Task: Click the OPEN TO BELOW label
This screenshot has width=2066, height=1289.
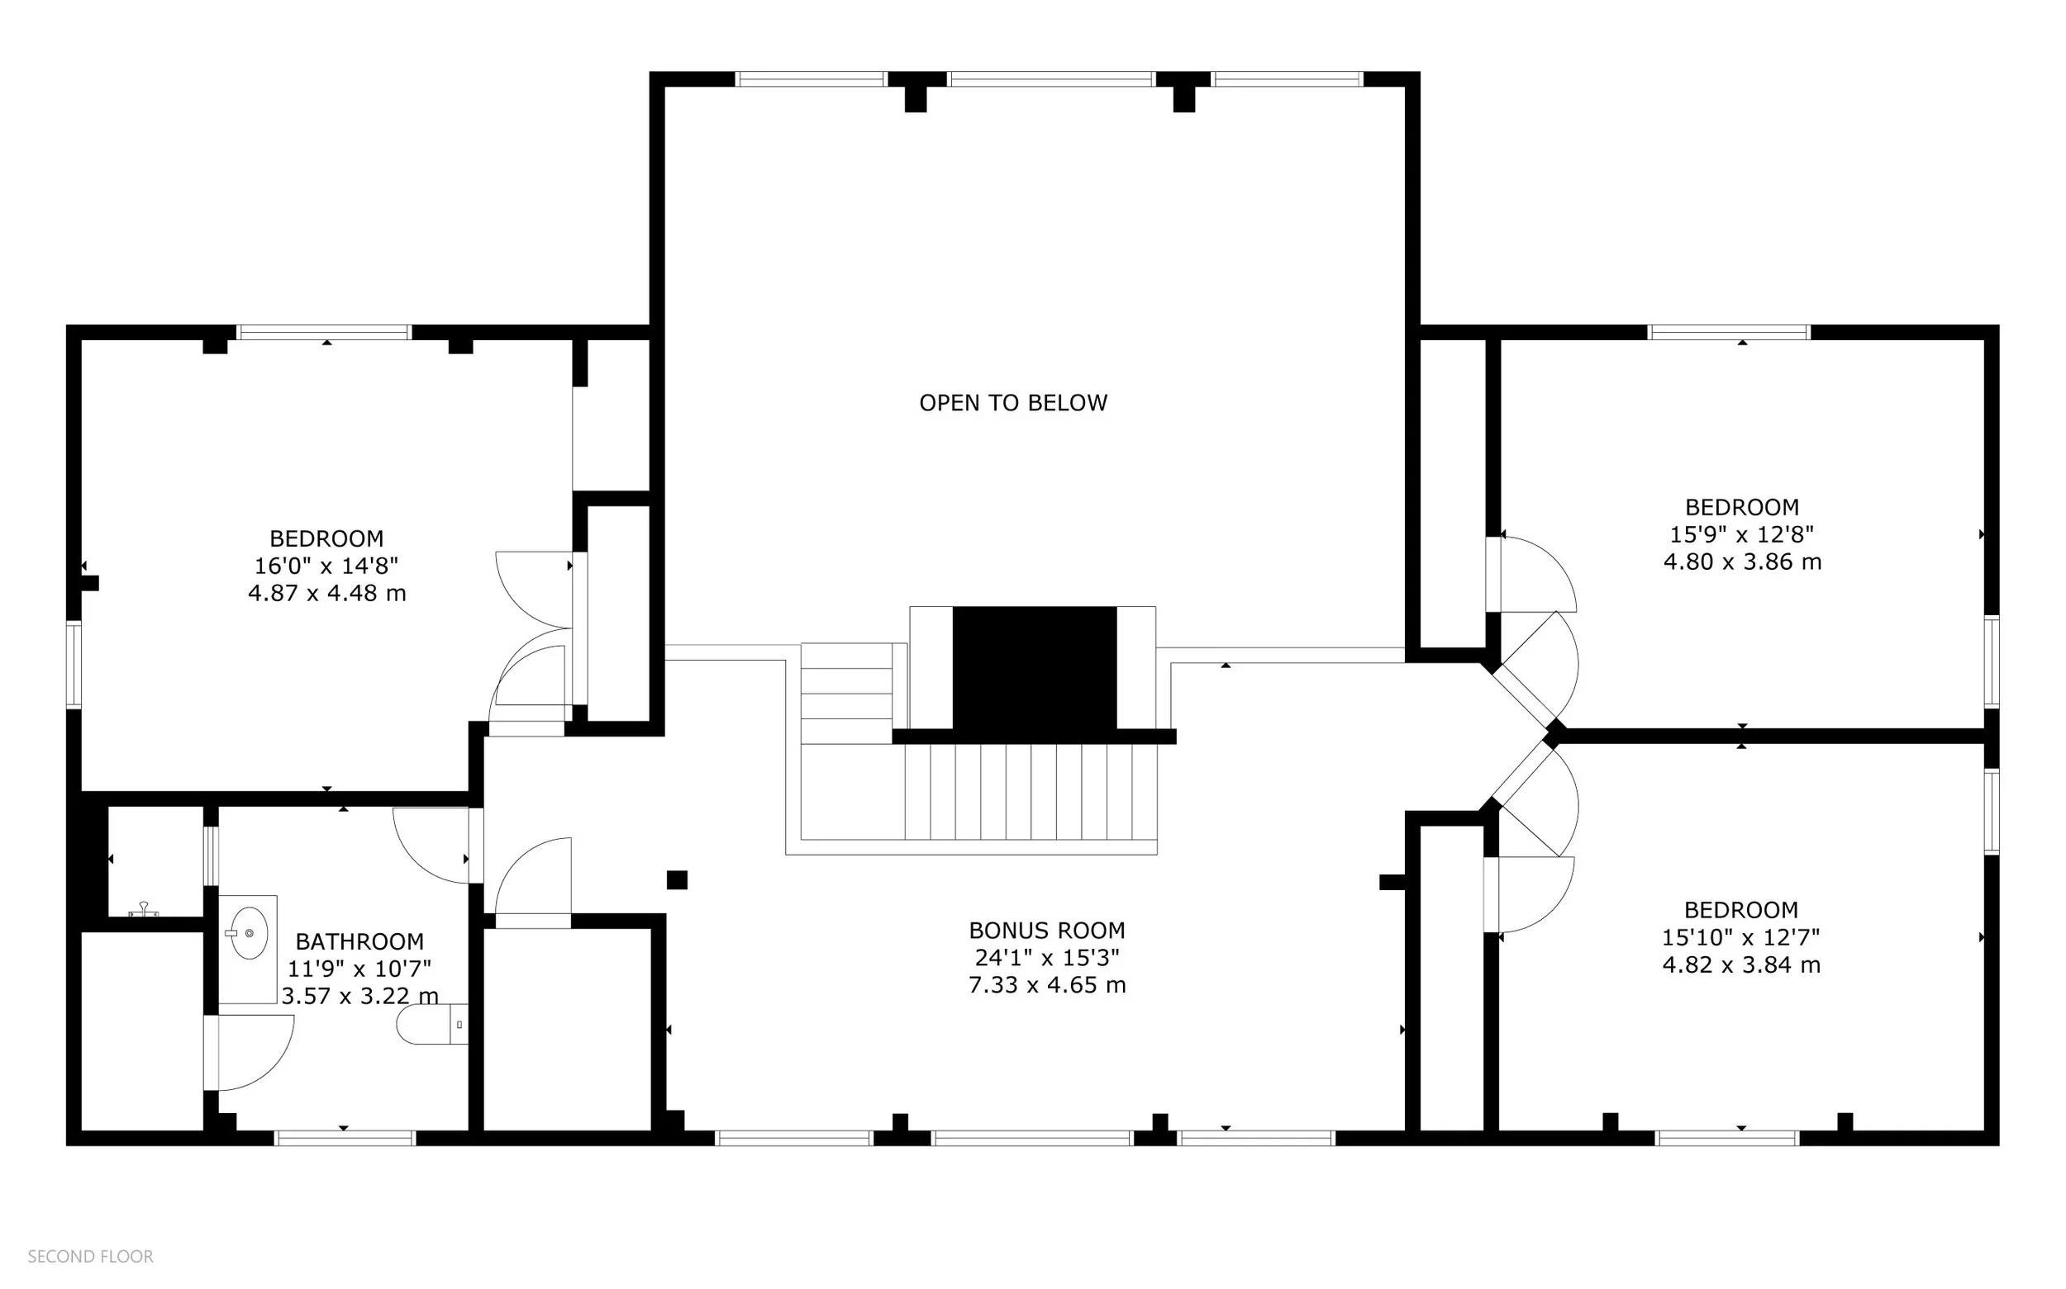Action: click(1012, 402)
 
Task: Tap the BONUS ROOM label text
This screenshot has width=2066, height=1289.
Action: click(1047, 930)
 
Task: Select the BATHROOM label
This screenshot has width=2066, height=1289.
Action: click(359, 941)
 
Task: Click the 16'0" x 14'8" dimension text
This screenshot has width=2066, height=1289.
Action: click(326, 565)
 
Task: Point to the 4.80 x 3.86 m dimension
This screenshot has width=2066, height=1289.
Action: click(1742, 562)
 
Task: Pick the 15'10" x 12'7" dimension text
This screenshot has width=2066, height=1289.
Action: click(1740, 937)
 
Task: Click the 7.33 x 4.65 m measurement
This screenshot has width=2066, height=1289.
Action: click(1047, 984)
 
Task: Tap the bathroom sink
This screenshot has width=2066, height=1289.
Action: click(248, 932)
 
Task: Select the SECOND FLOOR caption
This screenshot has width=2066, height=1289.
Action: click(90, 1257)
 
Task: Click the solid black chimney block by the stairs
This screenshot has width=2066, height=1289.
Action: click(1034, 669)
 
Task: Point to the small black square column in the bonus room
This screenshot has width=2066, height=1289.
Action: click(677, 879)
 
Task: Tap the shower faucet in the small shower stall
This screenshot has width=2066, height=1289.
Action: click(143, 910)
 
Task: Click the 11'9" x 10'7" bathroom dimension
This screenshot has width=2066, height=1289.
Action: click(359, 969)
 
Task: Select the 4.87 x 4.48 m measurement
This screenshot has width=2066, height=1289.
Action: click(326, 593)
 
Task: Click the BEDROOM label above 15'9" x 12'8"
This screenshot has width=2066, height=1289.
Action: click(1742, 507)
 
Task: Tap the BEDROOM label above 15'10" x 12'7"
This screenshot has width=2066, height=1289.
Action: click(1740, 910)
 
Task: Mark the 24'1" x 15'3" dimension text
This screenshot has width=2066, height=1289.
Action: click(1047, 957)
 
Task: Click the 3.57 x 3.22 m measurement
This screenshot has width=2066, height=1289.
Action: click(359, 996)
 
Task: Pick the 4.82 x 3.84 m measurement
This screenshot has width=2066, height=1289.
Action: click(1740, 965)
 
